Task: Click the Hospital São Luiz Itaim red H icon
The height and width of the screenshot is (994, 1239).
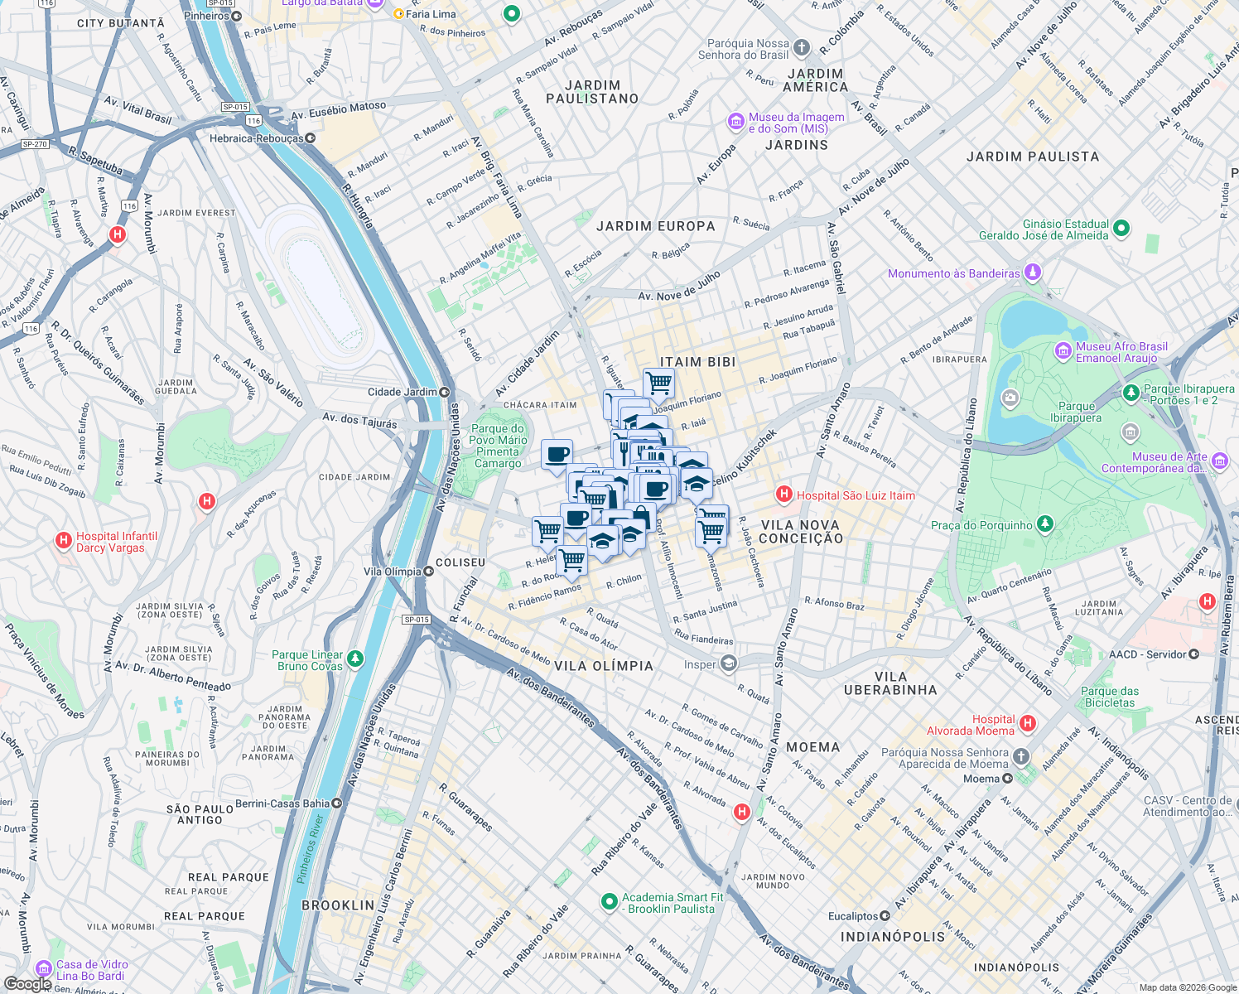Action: click(x=783, y=495)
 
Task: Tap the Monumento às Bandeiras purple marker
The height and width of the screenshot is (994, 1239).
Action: click(x=1032, y=272)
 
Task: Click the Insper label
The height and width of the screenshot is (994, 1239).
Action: click(x=700, y=664)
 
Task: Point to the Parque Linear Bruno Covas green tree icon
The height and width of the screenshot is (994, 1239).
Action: click(x=354, y=659)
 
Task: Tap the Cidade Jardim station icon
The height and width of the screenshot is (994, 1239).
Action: click(x=445, y=392)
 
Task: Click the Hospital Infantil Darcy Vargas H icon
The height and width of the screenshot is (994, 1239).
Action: click(x=63, y=541)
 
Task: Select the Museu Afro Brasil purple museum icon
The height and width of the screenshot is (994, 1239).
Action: click(x=1063, y=351)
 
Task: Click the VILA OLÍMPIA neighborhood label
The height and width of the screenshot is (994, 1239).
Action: click(x=603, y=666)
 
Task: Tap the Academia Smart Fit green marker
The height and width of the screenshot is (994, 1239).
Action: click(x=609, y=901)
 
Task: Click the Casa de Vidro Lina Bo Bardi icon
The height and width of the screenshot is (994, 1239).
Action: click(x=43, y=968)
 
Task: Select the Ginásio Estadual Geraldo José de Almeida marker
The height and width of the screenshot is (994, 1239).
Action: click(x=1121, y=228)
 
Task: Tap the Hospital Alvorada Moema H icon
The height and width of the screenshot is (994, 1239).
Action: click(x=1028, y=723)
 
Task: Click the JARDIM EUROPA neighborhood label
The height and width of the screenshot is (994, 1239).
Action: click(x=655, y=226)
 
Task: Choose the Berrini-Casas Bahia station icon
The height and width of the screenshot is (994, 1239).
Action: click(x=336, y=803)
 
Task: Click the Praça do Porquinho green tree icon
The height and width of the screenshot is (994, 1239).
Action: click(x=1045, y=524)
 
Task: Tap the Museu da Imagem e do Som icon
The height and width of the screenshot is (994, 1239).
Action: click(x=735, y=122)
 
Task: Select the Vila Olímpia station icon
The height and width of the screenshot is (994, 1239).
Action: click(x=428, y=572)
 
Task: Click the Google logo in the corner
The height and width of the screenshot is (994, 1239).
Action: click(x=27, y=983)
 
